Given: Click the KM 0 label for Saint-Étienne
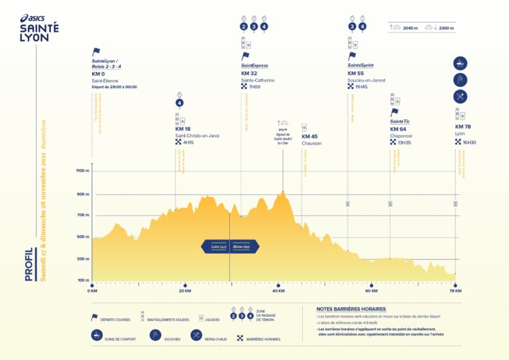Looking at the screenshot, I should [99, 74].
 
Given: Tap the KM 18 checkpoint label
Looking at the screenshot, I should [183, 129].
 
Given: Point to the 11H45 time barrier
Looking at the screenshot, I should [361, 87].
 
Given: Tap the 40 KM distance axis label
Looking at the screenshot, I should [278, 290].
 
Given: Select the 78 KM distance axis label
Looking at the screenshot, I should [455, 290].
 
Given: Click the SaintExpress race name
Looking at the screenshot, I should [254, 66].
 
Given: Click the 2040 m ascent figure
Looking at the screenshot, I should [410, 28].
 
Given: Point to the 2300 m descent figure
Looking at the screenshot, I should [446, 28].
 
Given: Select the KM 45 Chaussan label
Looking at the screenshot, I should [310, 137].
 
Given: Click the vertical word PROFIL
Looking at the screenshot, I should [29, 264].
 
